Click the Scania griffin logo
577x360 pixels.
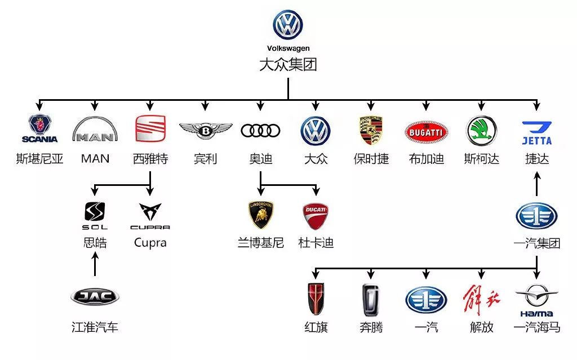tap(40, 129)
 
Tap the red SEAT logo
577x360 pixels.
tap(150, 128)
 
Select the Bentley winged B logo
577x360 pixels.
tap(205, 131)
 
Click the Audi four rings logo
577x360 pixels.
tap(260, 130)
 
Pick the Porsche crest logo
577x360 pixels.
tap(371, 130)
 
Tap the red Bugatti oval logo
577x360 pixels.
tap(426, 132)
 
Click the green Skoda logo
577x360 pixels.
tap(481, 131)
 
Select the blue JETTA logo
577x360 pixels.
tap(537, 133)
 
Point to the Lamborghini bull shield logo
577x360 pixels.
tap(261, 215)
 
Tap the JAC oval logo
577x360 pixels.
tap(95, 296)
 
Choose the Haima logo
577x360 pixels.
tap(536, 300)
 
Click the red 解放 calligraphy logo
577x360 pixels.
tap(481, 300)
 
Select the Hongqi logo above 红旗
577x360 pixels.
tap(316, 299)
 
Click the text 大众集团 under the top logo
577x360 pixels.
tap(288, 64)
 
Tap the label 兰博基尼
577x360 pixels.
tap(261, 243)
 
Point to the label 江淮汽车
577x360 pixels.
tap(95, 327)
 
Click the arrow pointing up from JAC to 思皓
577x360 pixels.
tap(95, 263)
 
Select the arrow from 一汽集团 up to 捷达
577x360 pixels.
tap(537, 184)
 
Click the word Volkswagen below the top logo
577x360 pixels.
tap(288, 48)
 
